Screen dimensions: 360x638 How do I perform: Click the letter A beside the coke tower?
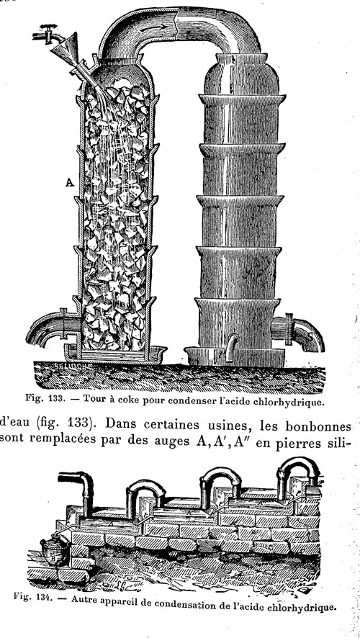click(x=70, y=183)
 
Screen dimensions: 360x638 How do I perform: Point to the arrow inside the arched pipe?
click(x=157, y=27)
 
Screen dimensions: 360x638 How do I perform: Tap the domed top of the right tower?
click(x=242, y=75)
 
